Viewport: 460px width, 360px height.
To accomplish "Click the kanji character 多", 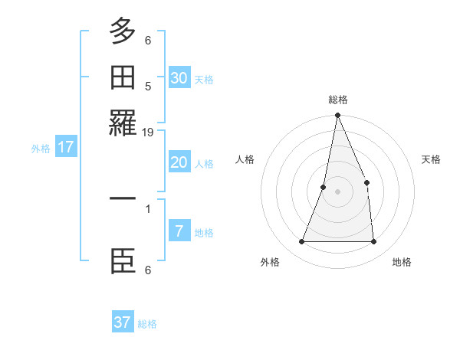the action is [x=123, y=31].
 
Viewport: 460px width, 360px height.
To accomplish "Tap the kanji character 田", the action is [x=123, y=77].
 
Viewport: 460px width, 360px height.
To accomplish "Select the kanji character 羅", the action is [x=123, y=123].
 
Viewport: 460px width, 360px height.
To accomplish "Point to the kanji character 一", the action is [x=123, y=198].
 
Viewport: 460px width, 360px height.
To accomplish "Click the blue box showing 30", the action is [x=179, y=77].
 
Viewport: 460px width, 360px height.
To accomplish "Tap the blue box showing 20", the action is [x=179, y=162].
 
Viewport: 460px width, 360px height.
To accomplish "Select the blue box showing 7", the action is [x=179, y=231].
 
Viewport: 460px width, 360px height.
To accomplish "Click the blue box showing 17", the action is [x=66, y=147].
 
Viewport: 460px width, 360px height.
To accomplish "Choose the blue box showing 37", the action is [x=123, y=322].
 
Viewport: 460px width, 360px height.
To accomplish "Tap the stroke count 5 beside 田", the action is [x=148, y=86].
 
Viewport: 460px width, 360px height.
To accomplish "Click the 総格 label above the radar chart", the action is [x=337, y=100].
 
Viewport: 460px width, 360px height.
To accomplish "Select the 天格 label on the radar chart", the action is [x=432, y=159].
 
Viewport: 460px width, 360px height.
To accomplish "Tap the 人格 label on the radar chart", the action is [x=245, y=159].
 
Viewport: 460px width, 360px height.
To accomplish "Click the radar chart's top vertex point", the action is [x=337, y=116].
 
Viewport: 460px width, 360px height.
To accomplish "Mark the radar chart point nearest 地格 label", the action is [x=373, y=241].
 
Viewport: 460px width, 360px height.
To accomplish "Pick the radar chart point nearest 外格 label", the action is [x=301, y=241].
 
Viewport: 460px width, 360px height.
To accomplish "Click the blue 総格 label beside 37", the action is [x=147, y=324].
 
